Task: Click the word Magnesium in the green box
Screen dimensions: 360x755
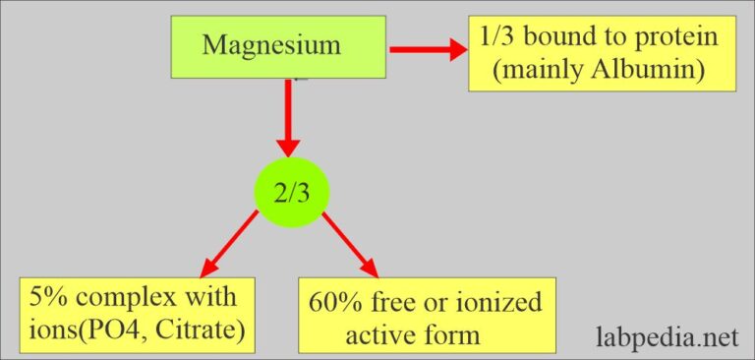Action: pos(271,44)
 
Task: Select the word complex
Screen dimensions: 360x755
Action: pos(128,296)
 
